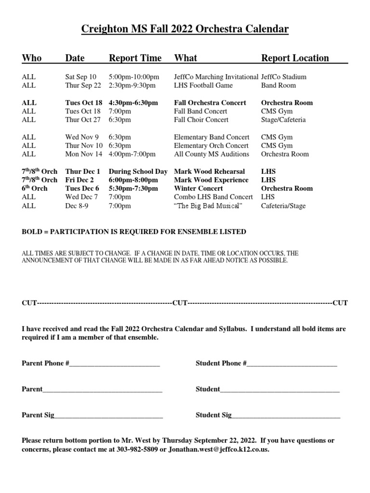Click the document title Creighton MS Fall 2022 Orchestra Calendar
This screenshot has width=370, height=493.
tap(185, 30)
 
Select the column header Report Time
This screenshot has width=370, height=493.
tap(135, 58)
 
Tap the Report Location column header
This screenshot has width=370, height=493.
tap(295, 58)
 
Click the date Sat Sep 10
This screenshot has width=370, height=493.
tap(80, 77)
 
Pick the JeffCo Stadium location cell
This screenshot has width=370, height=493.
tap(283, 77)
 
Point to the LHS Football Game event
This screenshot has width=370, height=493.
tap(203, 85)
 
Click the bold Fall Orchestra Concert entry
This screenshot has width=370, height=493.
tap(210, 103)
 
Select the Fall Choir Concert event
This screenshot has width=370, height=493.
tap(201, 120)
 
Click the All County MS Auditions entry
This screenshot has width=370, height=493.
tap(211, 154)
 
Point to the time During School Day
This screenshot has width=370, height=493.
tap(138, 171)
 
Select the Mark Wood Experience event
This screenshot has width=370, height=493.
tap(211, 180)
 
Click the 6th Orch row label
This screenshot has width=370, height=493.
tap(35, 188)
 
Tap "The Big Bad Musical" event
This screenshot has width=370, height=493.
tap(208, 206)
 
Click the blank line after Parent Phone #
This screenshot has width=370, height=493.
tap(115, 364)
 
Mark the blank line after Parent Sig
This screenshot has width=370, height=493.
tap(108, 415)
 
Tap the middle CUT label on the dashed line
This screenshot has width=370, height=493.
tap(180, 303)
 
